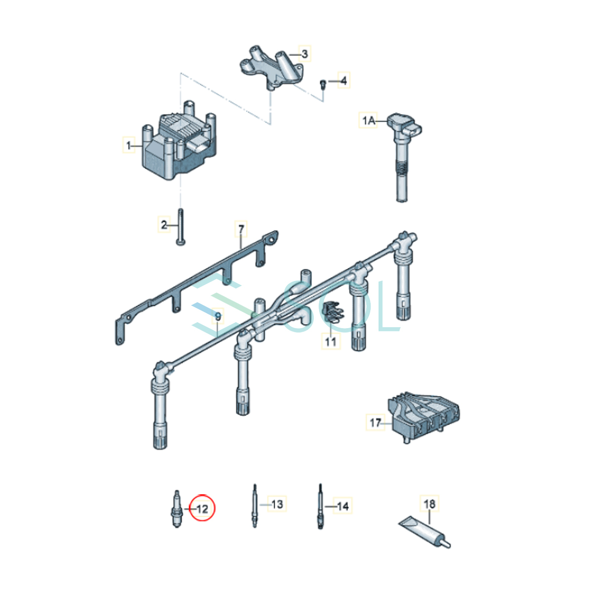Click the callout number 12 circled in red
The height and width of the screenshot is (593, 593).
click(x=202, y=509)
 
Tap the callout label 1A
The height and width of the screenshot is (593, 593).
click(x=369, y=121)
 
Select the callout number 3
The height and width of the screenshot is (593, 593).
click(x=304, y=54)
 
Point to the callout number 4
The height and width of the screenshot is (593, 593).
click(x=344, y=81)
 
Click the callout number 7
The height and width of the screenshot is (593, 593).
click(x=241, y=229)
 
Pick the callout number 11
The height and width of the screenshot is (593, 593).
click(x=331, y=341)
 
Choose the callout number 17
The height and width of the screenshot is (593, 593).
click(x=376, y=423)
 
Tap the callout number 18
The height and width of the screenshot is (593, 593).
click(x=429, y=504)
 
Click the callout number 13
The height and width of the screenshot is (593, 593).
click(x=277, y=504)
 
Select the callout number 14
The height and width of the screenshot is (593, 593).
click(x=343, y=506)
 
